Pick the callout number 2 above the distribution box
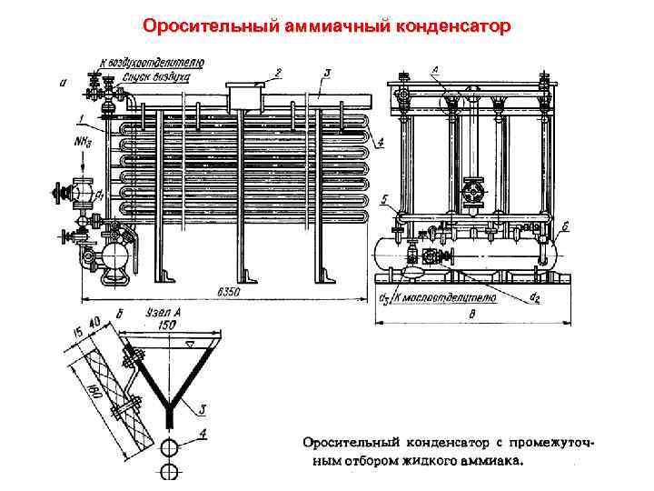point(280,70)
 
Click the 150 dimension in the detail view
point(167,324)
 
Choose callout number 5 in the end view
point(386,197)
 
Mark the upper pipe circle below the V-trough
point(168,448)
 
